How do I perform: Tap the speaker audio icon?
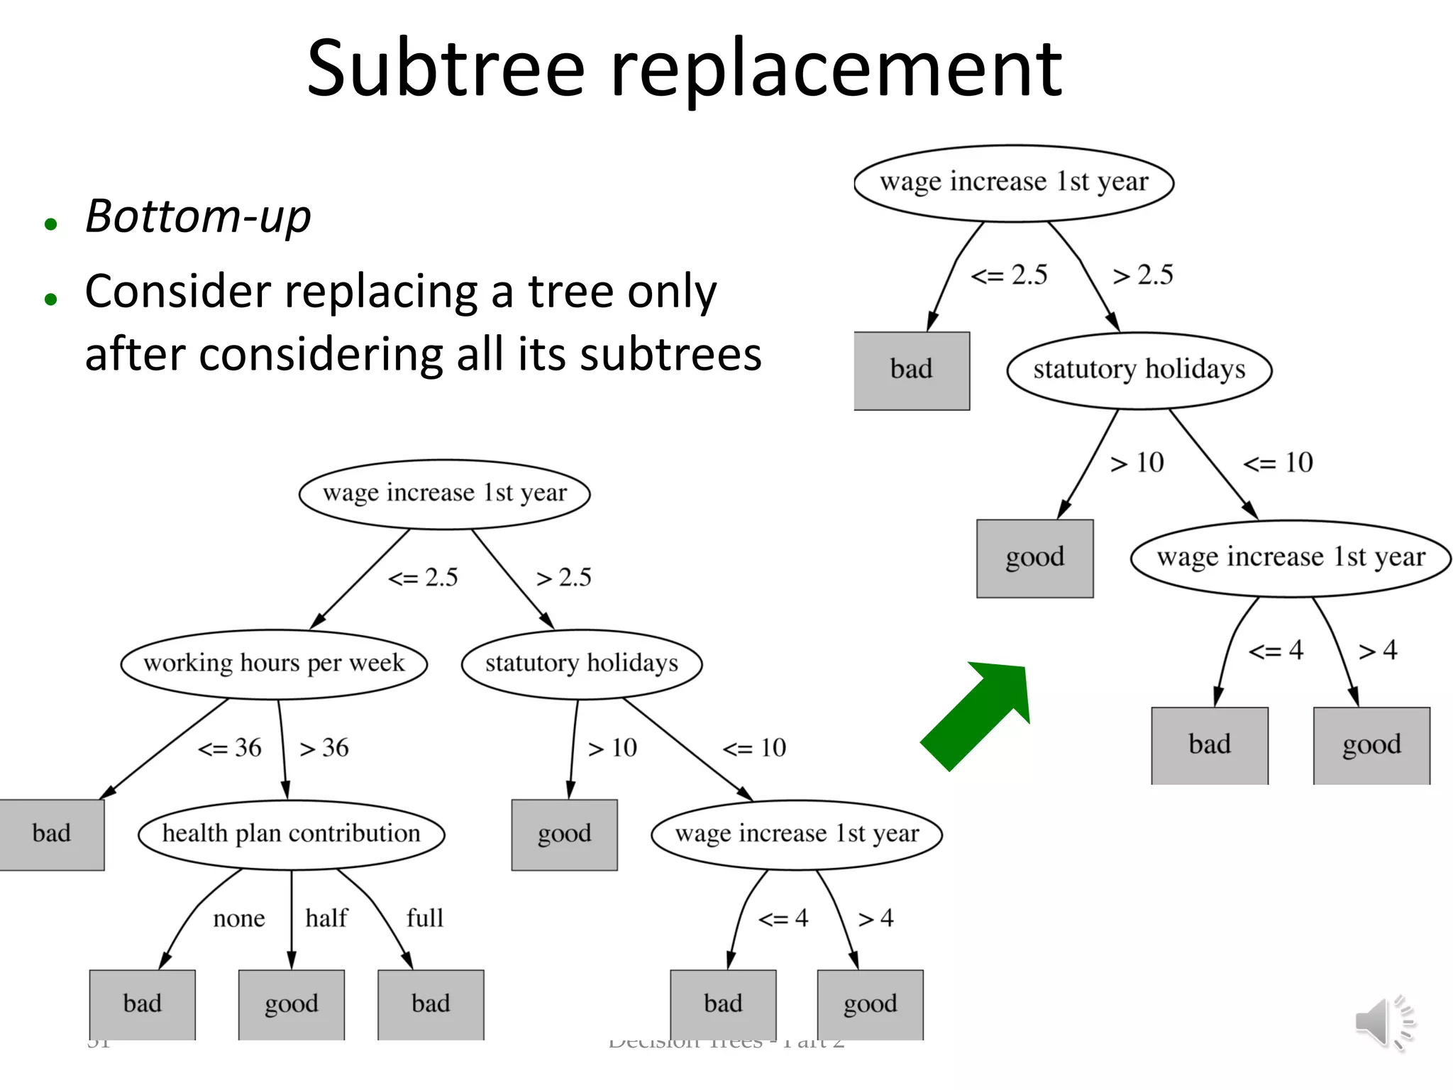click(1383, 1023)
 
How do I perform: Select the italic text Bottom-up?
click(198, 216)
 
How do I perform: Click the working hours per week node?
click(274, 664)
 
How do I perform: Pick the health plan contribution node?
click(291, 834)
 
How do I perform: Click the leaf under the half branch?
click(291, 1004)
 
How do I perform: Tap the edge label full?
click(424, 918)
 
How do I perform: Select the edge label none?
click(239, 919)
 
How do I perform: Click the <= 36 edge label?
click(229, 748)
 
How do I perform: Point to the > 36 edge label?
click(324, 748)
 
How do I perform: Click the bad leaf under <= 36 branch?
click(51, 834)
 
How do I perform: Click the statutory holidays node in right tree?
click(1139, 370)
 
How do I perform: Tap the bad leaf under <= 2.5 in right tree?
click(911, 370)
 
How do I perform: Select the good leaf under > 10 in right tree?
click(1034, 558)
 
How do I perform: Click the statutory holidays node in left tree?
click(581, 664)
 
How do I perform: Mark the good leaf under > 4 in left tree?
click(870, 1004)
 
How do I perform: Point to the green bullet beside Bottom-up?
click(50, 225)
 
